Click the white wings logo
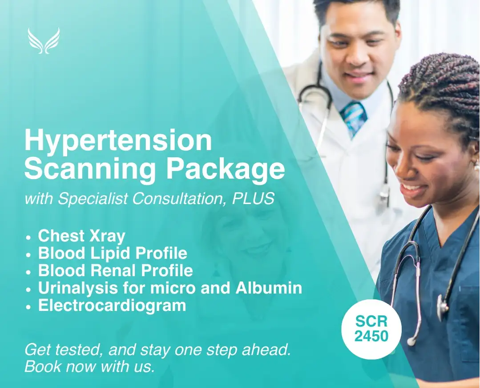(x=44, y=41)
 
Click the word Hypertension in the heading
(x=118, y=140)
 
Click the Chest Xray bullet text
(x=81, y=236)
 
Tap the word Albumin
(x=269, y=288)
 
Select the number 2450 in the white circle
(x=371, y=336)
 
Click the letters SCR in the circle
(x=371, y=322)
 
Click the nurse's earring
(x=476, y=166)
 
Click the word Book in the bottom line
(x=43, y=366)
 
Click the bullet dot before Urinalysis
(x=29, y=289)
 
